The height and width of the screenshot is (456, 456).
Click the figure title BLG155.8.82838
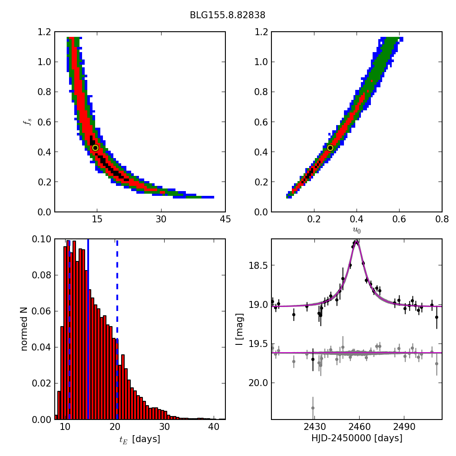tap(227, 15)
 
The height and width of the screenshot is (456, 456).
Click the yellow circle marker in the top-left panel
tap(95, 148)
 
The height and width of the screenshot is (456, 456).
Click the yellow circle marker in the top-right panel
tap(330, 148)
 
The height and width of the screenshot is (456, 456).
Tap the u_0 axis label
tap(357, 230)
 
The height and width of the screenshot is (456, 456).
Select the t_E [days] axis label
tap(139, 439)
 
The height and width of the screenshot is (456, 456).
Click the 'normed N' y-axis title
tap(24, 329)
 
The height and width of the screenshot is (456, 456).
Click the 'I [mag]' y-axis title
tap(239, 329)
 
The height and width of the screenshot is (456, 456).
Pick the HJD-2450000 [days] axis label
tap(357, 438)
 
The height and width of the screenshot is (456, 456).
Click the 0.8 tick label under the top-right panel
tap(442, 220)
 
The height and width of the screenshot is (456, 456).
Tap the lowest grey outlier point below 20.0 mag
tap(313, 408)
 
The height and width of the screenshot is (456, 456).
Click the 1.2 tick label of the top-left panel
tap(43, 32)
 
